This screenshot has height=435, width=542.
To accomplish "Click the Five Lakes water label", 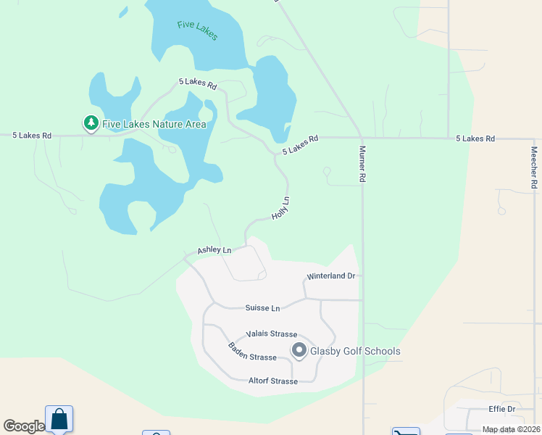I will coord(197,30).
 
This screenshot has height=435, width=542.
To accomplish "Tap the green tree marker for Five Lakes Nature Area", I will coord(91,124).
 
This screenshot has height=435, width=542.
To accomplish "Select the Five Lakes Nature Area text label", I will coord(154,124).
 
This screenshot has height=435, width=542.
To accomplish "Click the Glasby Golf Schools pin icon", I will coord(299,351).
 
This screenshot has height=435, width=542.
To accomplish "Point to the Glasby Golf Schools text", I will coord(355,352).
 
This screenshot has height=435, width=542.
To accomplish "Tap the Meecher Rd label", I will coord(534,168).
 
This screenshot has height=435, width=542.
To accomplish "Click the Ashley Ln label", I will coord(214,251).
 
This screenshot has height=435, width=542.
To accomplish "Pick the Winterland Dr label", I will coord(331,276).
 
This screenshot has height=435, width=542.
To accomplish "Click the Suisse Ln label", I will coord(262,308).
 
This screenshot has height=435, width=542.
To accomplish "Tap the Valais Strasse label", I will coord(272,334).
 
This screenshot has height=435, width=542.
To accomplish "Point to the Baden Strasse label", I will coord(252,352).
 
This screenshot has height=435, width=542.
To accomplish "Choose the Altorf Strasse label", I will coord(273,381).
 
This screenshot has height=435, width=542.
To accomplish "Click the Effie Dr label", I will coord(501,409).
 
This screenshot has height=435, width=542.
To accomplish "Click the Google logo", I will coord(24,426).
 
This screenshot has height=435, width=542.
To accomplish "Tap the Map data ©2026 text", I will coord(510,429).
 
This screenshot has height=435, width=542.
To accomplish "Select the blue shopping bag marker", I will coord(59,419).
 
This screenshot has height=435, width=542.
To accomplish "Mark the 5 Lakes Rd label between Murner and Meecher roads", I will coord(475,138).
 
